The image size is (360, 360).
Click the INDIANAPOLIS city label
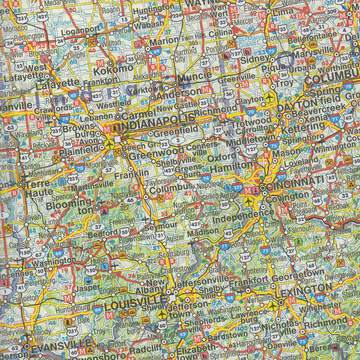point(151,129)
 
